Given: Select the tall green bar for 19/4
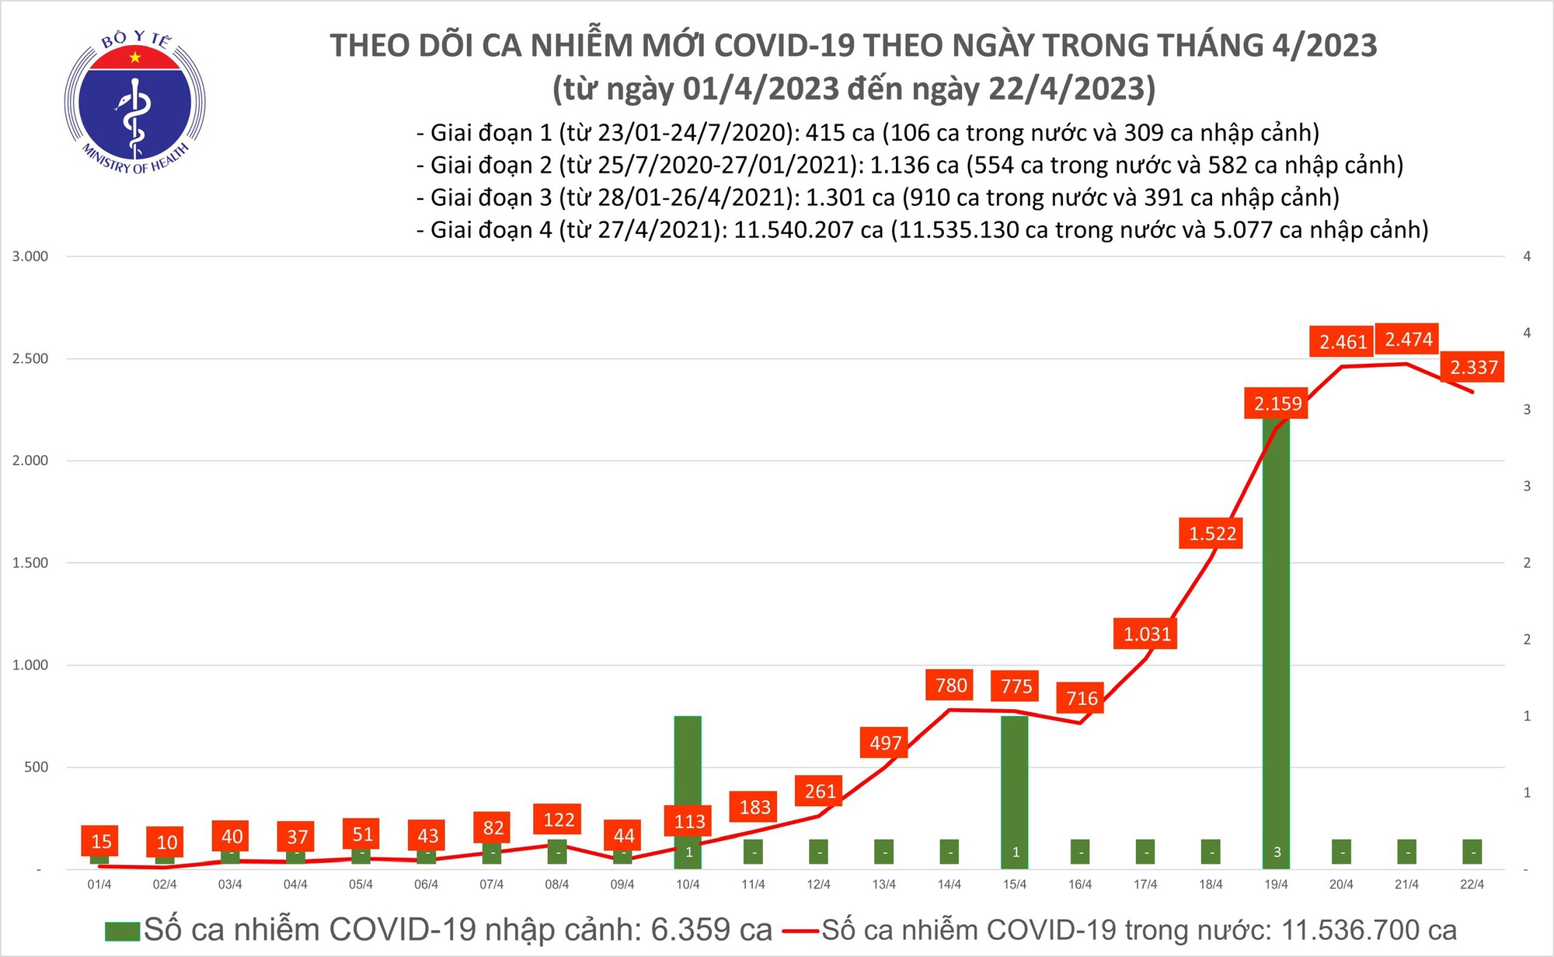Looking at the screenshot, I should point(1277,637).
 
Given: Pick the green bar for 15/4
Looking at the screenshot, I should point(1015,785).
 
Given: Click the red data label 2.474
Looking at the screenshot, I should point(1408,340).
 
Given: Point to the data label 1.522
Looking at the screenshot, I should point(1212,533).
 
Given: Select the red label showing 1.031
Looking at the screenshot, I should point(1147,634).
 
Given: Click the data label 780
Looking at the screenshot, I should point(951,685).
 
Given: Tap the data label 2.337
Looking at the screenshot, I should point(1473,367).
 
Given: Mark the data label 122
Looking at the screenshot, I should point(559,819).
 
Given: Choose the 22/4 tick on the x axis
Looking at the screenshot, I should point(1472,885).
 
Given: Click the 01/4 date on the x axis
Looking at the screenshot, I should point(99,885).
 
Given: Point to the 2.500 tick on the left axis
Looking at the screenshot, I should point(30,358).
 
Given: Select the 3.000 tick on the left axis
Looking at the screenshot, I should point(30,257).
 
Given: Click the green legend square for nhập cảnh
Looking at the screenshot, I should point(122,931).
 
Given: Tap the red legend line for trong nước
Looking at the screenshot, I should point(801,931).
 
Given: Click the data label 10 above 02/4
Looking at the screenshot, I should point(166,842).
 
